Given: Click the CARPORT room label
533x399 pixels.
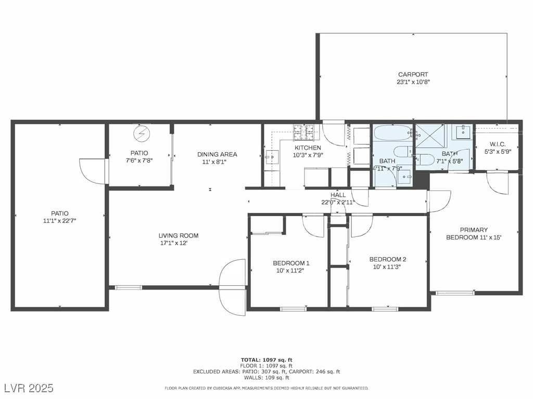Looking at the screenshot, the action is tap(413, 74).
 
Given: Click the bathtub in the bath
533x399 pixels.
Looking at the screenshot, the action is tap(393, 133).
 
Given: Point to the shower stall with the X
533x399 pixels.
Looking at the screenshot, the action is tap(430, 136).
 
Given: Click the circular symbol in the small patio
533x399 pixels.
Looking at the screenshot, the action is tap(142, 134).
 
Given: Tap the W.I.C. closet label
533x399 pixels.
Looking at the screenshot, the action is tap(498, 144).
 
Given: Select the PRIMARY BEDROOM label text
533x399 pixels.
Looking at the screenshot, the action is tap(474, 233).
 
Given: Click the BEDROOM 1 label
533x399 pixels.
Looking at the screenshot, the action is tap(291, 263).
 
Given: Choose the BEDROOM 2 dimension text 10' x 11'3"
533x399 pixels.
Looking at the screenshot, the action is tap(387, 267).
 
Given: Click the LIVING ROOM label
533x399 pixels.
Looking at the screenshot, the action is tap(179, 235).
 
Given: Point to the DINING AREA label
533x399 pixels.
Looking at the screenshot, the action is tap(217, 154).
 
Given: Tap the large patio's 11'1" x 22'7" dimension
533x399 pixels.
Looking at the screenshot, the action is tap(59, 221).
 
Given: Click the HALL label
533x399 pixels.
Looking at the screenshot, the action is tap(338, 195).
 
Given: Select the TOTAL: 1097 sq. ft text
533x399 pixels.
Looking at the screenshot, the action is tap(266, 360).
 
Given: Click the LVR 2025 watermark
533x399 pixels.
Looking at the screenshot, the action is tap(29, 388).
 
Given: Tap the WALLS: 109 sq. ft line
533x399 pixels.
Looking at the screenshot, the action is tap(266, 377).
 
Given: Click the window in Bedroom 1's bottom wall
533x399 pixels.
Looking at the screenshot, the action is tap(293, 309).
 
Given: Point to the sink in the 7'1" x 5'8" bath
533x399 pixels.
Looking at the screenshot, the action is tap(463, 131).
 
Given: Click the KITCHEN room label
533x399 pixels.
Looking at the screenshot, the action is tap(308, 148).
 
